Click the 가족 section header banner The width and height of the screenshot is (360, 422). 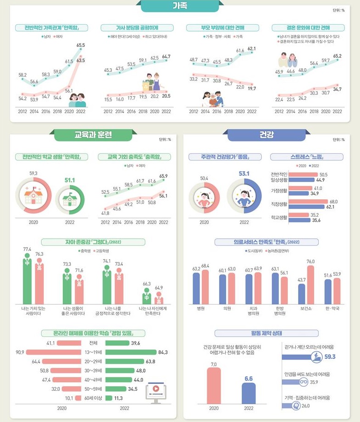(179, 6)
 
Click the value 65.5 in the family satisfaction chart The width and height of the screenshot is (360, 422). (81, 45)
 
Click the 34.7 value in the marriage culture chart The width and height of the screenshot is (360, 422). (337, 89)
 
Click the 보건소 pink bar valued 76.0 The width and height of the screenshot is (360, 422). (311, 285)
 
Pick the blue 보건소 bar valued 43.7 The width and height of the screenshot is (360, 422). (301, 294)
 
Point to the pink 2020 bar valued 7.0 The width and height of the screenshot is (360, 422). (214, 385)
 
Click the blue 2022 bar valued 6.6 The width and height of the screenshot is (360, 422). (249, 393)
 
